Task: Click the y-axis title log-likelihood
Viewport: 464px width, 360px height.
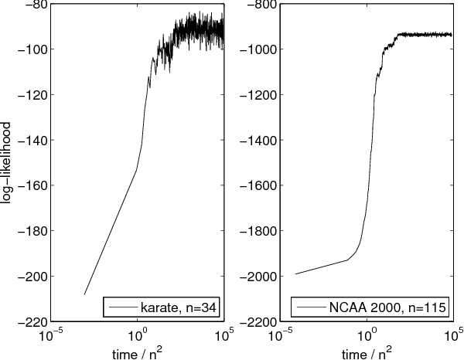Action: [x=7, y=161]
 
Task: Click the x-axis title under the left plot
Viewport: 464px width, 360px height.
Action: [x=137, y=352]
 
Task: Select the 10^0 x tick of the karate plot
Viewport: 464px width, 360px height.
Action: [x=137, y=335]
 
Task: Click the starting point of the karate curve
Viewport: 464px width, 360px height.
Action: [x=84, y=294]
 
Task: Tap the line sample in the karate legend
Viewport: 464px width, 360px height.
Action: [x=124, y=308]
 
